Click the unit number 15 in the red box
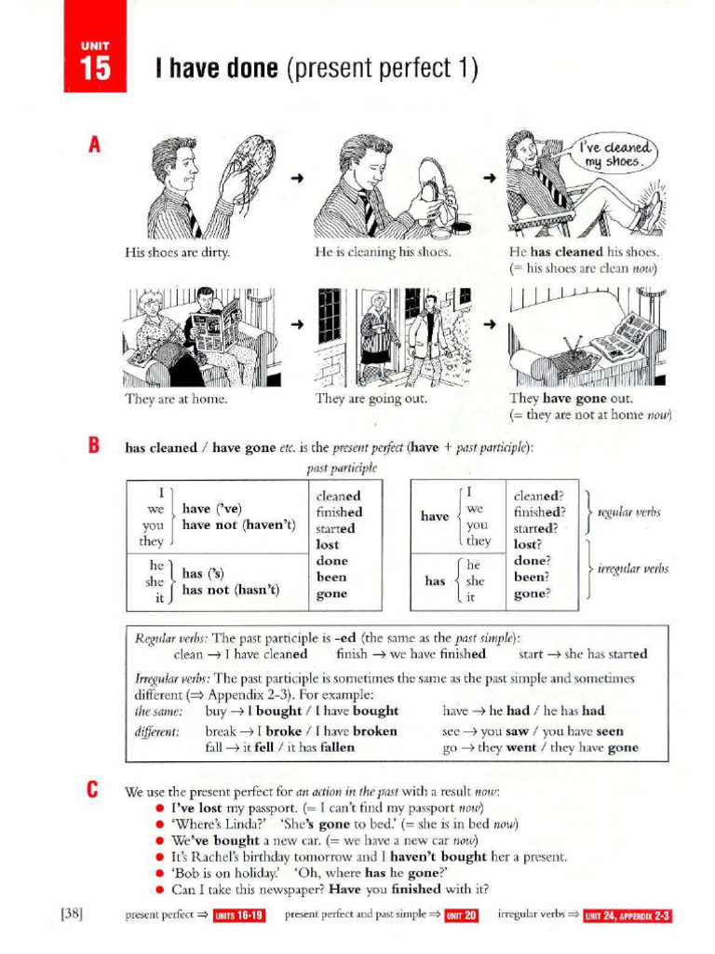click(x=95, y=69)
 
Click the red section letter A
click(x=93, y=145)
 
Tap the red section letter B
click(x=93, y=446)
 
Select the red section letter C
click(x=93, y=791)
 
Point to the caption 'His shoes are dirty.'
click(x=177, y=252)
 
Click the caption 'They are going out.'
click(x=371, y=399)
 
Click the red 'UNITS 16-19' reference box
click(x=239, y=916)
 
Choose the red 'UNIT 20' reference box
click(x=461, y=916)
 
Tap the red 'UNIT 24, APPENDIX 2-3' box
click(x=627, y=916)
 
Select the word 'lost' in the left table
click(x=328, y=544)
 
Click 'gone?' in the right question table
click(x=532, y=593)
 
